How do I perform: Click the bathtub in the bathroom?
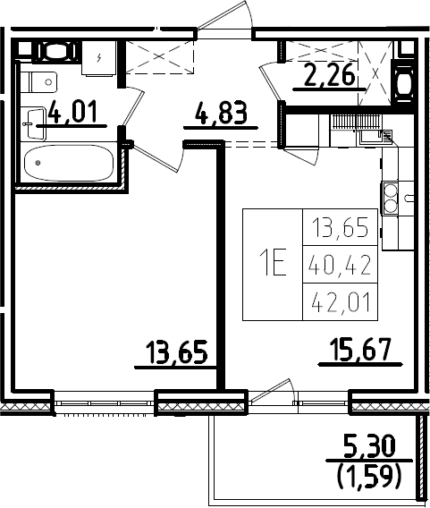pyautogui.click(x=69, y=163)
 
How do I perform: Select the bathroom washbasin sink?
pyautogui.click(x=37, y=124)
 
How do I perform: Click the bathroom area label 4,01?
pyautogui.click(x=72, y=112)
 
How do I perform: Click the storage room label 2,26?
pyautogui.click(x=329, y=75)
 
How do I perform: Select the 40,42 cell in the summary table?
pyautogui.click(x=340, y=265)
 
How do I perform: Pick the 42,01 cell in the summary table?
pyautogui.click(x=340, y=302)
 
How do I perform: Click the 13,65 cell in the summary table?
pyautogui.click(x=340, y=227)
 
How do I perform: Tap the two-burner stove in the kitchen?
pyautogui.click(x=390, y=198)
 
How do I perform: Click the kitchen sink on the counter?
pyautogui.click(x=375, y=137)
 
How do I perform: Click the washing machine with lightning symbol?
pyautogui.click(x=98, y=58)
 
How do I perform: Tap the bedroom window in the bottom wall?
pyautogui.click(x=105, y=403)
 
